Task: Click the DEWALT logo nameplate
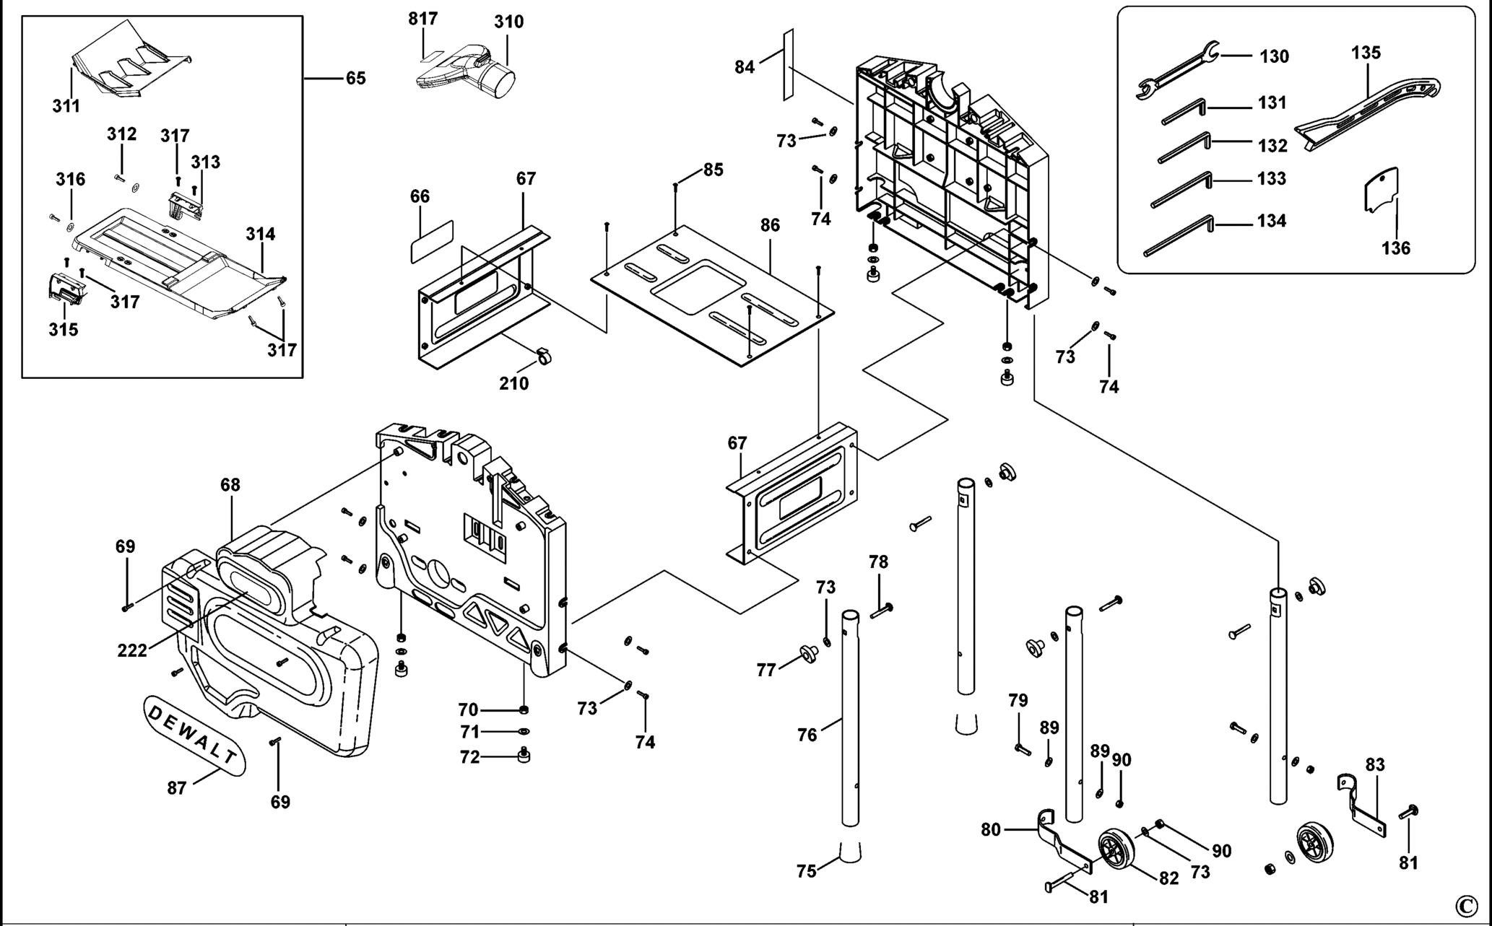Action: [x=194, y=735]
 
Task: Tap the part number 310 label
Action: [x=508, y=22]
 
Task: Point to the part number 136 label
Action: [x=1395, y=248]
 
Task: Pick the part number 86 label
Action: [x=770, y=225]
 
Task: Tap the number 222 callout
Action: [x=132, y=650]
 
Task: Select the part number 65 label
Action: [x=355, y=78]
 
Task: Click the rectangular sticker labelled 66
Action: [x=432, y=242]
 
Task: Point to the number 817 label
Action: [x=422, y=19]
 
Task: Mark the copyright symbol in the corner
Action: [x=1466, y=905]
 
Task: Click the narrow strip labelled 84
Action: [x=788, y=65]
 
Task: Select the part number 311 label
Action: [x=66, y=106]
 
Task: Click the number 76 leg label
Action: [x=807, y=735]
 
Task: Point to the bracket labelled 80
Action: [x=1062, y=844]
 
